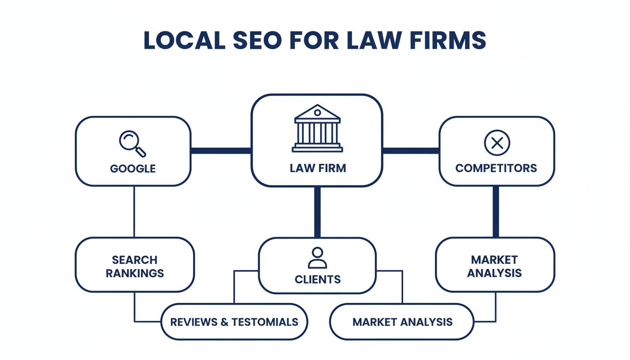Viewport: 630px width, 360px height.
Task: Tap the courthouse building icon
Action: point(317,128)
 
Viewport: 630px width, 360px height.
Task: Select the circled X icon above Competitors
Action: point(496,142)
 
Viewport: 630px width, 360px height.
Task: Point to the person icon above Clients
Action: point(317,257)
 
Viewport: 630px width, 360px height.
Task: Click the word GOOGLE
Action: point(133,168)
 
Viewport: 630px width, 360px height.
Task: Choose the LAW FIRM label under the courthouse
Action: point(317,168)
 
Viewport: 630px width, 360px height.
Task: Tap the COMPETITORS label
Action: point(496,168)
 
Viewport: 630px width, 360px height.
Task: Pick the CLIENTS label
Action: point(317,279)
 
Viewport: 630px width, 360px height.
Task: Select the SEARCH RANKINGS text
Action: point(135,266)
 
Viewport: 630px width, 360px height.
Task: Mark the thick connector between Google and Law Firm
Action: point(221,150)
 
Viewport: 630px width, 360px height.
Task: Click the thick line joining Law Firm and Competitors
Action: point(411,150)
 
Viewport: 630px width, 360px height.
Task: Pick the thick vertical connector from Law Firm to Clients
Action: point(317,212)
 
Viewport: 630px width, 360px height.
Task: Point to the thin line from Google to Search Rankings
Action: point(135,211)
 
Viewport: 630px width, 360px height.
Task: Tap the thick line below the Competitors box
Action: point(495,211)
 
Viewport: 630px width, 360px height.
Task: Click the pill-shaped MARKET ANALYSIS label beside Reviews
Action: point(402,322)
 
